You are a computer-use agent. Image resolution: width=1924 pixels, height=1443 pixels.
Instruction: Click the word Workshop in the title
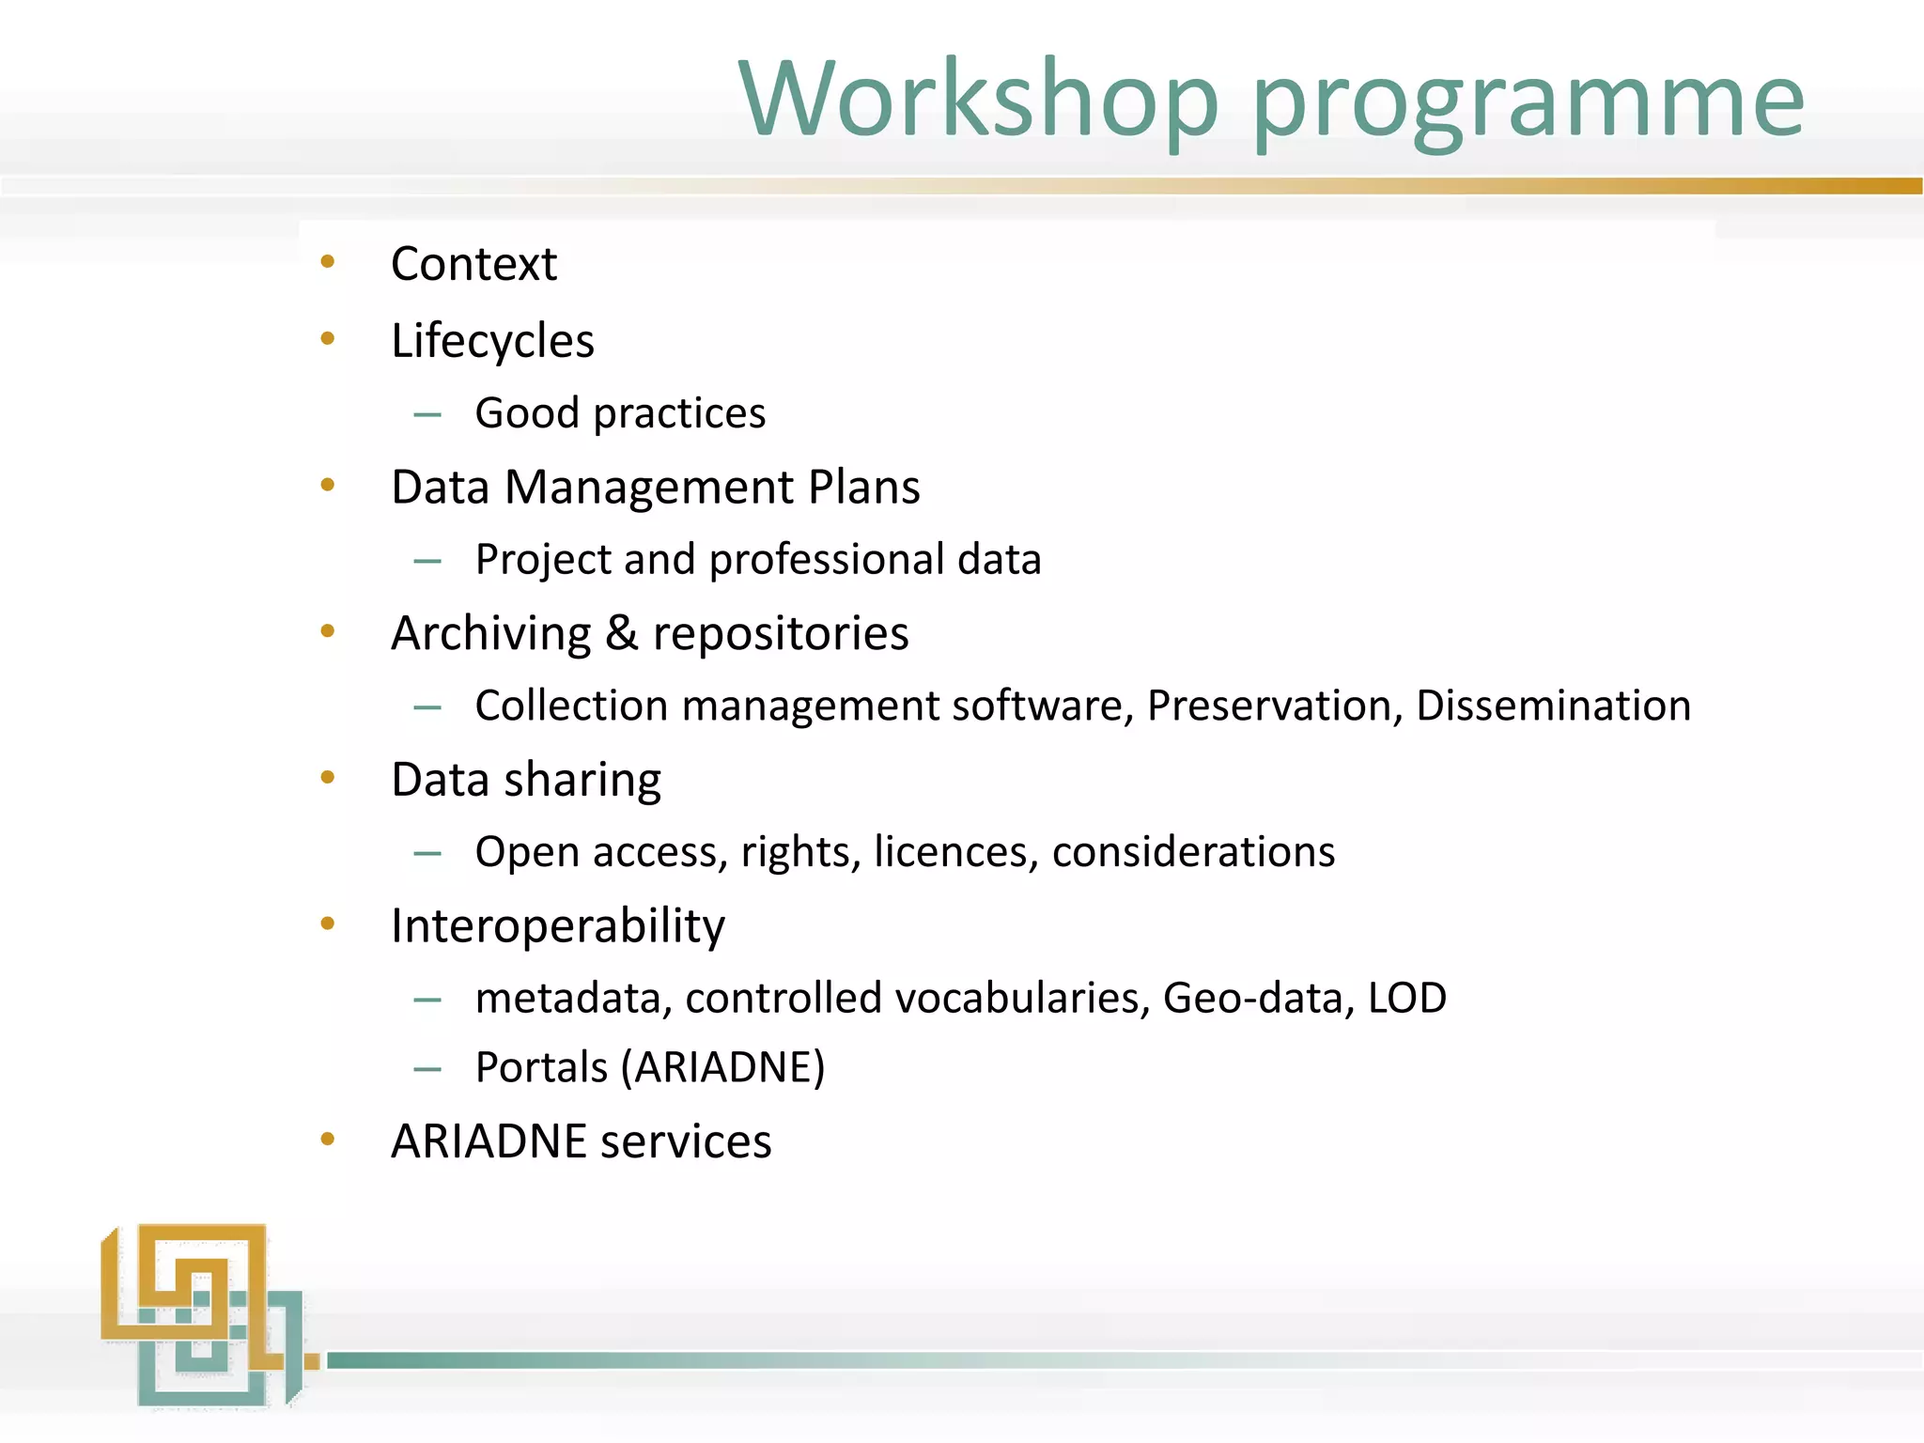(x=977, y=100)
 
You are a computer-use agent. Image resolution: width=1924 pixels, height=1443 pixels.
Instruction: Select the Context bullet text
(x=473, y=264)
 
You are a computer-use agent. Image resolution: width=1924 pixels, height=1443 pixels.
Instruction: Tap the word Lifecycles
(x=492, y=342)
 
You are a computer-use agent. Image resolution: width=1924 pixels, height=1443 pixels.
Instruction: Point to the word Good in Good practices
(x=527, y=413)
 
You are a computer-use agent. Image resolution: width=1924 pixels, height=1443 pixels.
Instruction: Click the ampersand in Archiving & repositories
(x=621, y=633)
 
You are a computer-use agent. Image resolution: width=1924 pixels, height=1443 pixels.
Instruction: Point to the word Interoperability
(x=558, y=927)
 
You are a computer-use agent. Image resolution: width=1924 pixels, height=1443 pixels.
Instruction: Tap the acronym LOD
(x=1407, y=998)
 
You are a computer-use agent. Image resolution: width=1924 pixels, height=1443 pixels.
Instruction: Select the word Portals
(x=541, y=1068)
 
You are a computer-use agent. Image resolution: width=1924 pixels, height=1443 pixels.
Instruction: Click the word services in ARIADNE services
(x=686, y=1142)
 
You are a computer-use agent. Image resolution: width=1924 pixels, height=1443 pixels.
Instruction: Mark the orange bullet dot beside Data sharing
(x=328, y=777)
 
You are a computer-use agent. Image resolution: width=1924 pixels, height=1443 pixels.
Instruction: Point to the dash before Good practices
(x=427, y=414)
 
